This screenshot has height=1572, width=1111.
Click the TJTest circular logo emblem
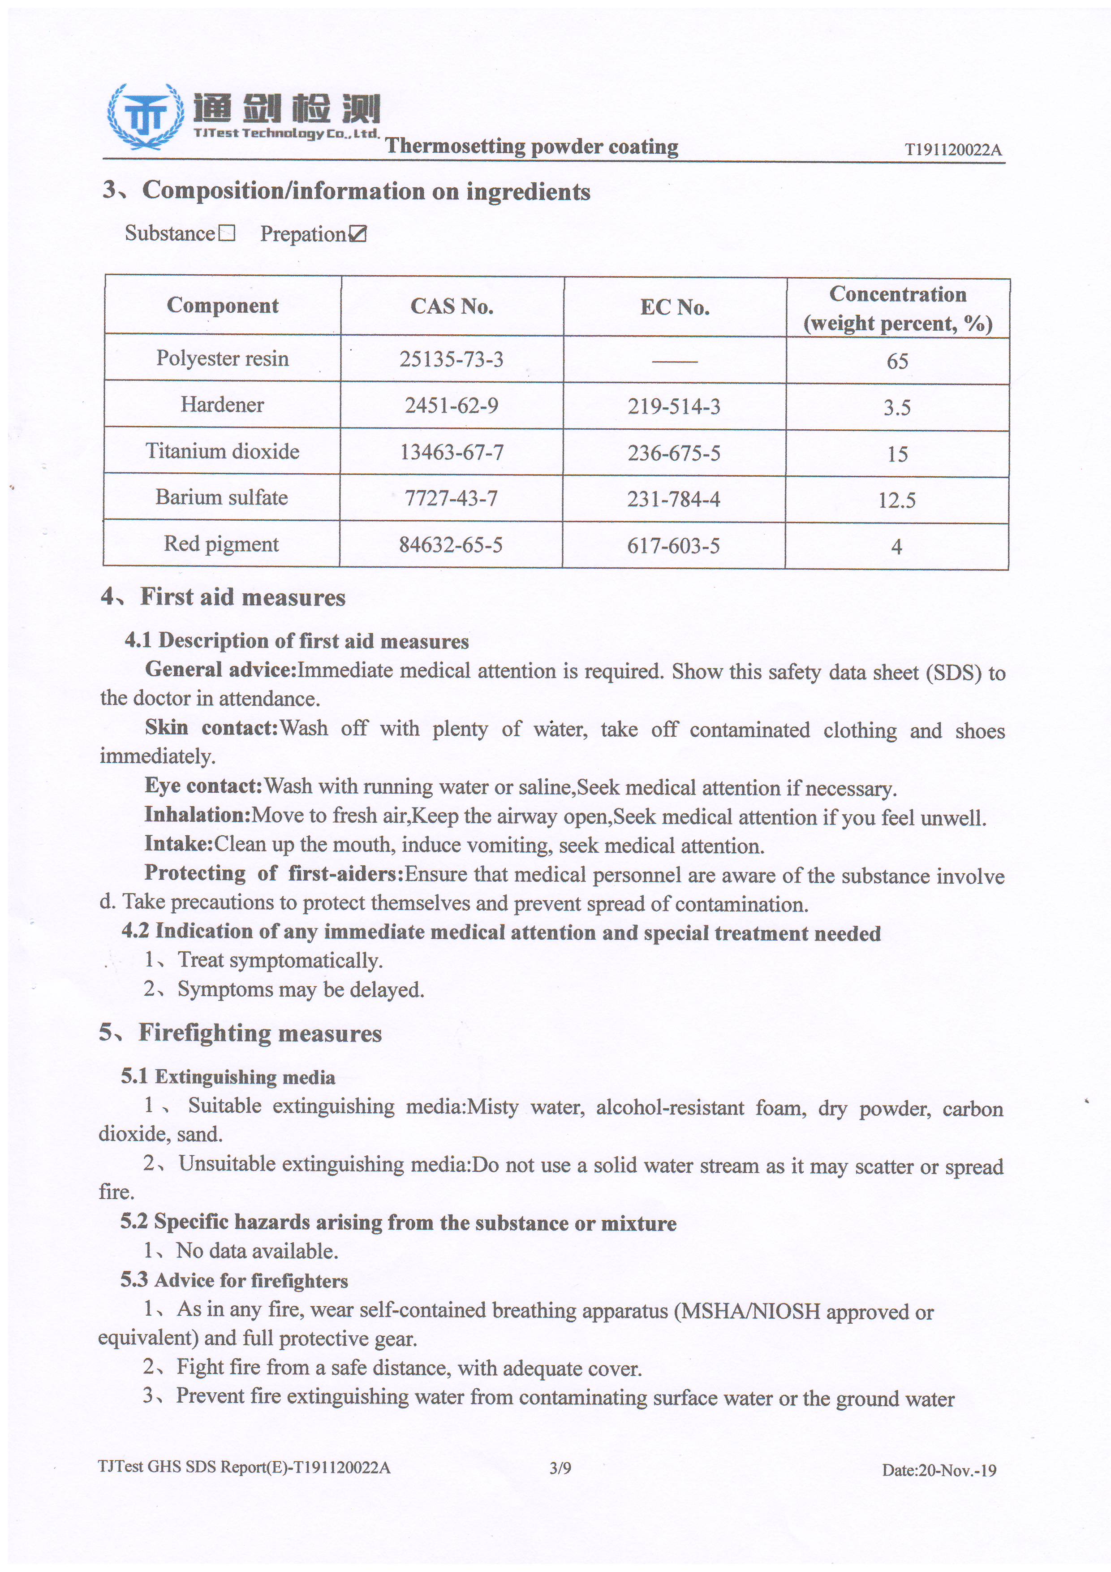pos(145,117)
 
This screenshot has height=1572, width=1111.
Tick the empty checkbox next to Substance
pos(227,234)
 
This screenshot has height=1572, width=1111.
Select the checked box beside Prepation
pos(358,235)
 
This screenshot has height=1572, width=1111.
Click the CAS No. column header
pos(452,306)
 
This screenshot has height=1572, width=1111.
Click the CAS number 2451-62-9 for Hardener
pos(451,406)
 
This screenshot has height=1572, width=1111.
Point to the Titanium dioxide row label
pos(223,451)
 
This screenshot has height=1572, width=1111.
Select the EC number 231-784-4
pos(674,500)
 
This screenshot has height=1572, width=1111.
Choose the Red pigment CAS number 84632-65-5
pos(450,545)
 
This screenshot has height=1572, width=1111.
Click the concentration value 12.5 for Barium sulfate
pos(897,501)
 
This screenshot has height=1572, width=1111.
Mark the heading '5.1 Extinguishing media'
pos(228,1077)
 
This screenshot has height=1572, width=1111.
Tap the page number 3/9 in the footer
pos(560,1468)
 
